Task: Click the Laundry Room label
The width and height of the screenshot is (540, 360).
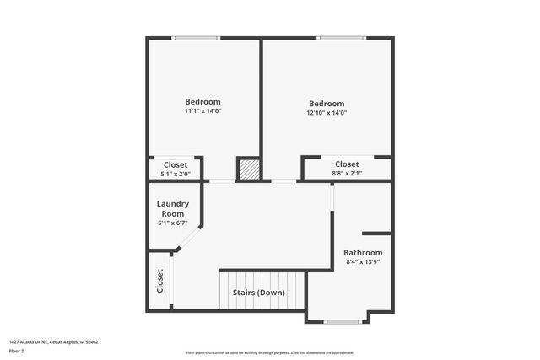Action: (x=173, y=208)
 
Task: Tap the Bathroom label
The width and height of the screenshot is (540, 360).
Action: (x=363, y=253)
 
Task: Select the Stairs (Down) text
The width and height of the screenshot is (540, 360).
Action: (x=259, y=293)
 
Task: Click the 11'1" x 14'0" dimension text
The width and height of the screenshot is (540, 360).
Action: (x=202, y=110)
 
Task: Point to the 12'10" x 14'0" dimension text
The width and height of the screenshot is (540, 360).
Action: (x=326, y=113)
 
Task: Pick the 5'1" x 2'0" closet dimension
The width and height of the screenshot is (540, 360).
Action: (x=175, y=175)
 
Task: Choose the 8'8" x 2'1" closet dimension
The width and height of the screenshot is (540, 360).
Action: (x=347, y=174)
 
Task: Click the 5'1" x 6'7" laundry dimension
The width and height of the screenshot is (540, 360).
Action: (x=173, y=223)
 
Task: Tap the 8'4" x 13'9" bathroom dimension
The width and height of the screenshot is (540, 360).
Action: (x=363, y=263)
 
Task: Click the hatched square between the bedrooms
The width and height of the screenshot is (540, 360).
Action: (x=249, y=169)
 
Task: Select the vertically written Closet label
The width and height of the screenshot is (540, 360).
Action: (x=159, y=281)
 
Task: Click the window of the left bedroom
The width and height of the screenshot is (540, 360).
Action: (x=196, y=38)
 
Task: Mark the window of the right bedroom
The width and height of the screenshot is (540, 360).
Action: (x=342, y=38)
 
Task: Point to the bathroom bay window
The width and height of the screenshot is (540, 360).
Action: (x=337, y=321)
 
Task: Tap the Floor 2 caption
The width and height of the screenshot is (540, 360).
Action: (x=16, y=351)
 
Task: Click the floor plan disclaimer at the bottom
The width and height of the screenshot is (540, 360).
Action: (x=270, y=352)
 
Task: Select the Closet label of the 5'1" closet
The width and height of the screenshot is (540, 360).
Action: (x=175, y=164)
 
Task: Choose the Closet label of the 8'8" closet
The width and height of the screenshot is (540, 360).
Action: (x=347, y=164)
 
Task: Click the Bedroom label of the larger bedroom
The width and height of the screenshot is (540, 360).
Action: (x=326, y=104)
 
